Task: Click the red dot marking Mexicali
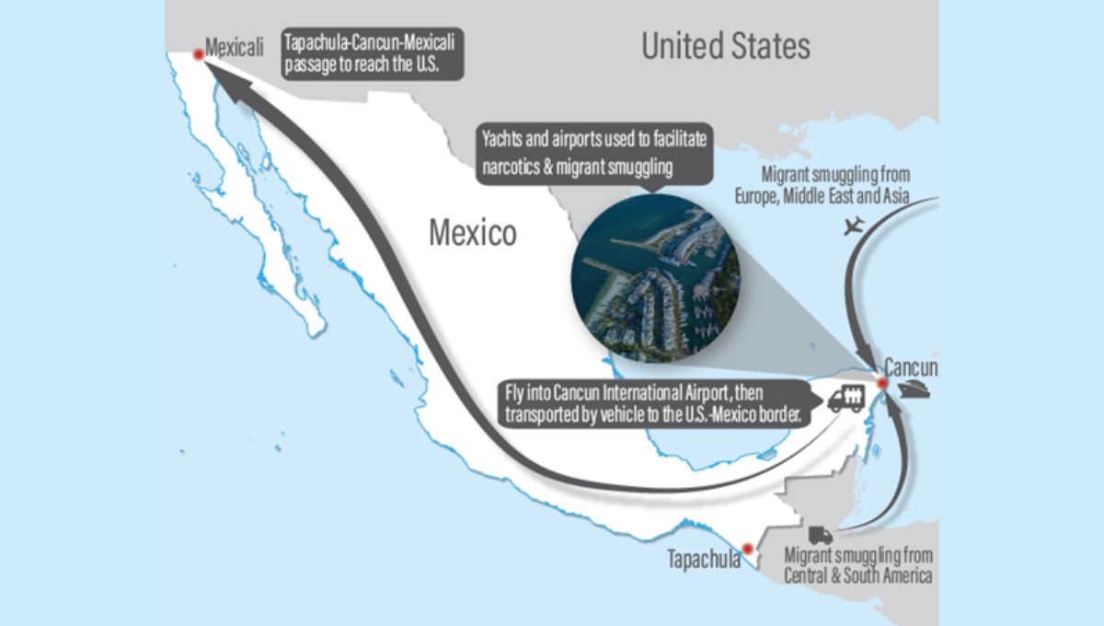[x=196, y=53]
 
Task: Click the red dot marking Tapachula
[x=748, y=546]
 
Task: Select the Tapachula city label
[x=705, y=559]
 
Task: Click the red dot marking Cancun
[x=880, y=383]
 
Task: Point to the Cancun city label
[x=910, y=367]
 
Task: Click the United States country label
[x=726, y=46]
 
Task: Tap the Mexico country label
[x=472, y=233]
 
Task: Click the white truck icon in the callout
[x=846, y=399]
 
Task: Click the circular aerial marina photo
[x=655, y=280]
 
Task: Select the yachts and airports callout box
[x=595, y=153]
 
